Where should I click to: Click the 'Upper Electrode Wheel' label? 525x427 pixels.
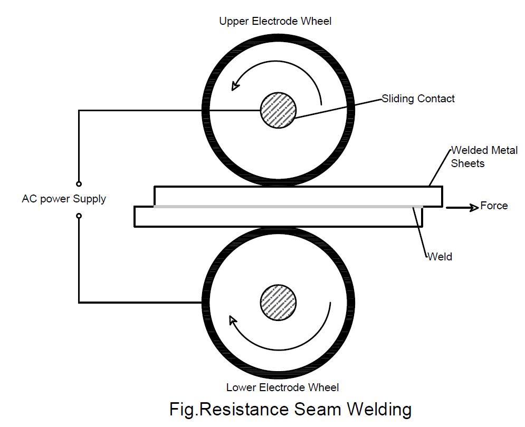pos(275,21)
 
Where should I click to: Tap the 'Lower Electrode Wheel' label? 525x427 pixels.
pos(282,387)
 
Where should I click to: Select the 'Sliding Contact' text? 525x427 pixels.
pos(418,99)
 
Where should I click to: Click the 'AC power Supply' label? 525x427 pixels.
pos(64,199)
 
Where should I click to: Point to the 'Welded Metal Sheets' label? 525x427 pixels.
pos(483,157)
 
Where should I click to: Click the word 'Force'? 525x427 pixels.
pos(494,206)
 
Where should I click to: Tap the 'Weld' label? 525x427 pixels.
pos(440,257)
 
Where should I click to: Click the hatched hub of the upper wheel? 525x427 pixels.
pos(278,110)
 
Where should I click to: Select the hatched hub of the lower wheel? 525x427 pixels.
pos(278,302)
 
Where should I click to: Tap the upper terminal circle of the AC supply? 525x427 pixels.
pos(79,184)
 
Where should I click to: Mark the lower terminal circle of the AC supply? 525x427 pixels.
pos(79,216)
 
